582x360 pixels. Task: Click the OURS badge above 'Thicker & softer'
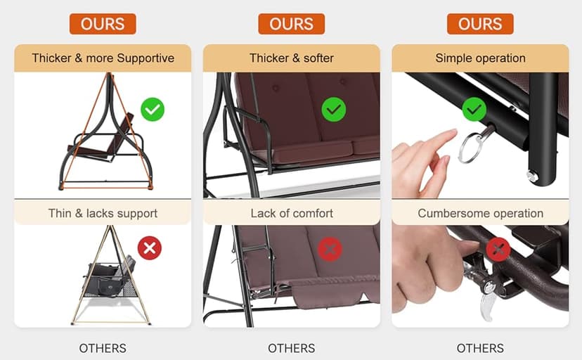point(292,24)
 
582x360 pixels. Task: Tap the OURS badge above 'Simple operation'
point(480,24)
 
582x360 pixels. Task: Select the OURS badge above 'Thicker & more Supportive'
point(103,24)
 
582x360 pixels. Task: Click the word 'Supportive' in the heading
point(145,58)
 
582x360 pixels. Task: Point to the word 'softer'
point(318,58)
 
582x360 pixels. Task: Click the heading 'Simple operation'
point(480,58)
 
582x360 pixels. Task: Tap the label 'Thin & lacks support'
point(103,214)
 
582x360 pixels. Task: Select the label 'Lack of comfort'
point(292,214)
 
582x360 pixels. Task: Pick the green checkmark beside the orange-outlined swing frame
point(153,109)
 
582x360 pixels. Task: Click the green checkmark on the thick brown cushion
point(334,110)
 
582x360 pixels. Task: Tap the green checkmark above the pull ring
point(474,109)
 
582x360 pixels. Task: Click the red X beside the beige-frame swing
point(150,248)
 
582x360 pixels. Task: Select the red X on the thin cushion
point(330,249)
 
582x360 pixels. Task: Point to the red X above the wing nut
point(498,250)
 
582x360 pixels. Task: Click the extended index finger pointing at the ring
point(441,139)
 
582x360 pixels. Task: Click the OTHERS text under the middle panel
point(292,349)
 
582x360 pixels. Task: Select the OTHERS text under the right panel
point(480,349)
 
